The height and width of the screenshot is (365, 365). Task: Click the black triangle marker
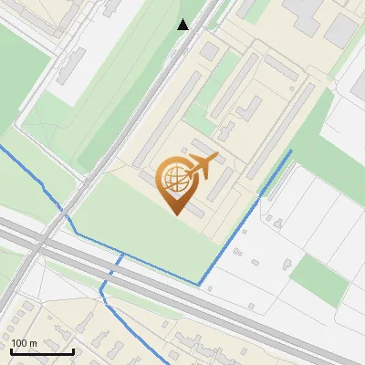coord(183,25)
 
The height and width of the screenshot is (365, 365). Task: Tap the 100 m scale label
coord(24,342)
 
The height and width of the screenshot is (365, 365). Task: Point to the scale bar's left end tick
coord(11,350)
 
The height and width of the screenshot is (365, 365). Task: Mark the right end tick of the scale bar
coord(73,350)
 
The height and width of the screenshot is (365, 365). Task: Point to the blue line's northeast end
coord(291,151)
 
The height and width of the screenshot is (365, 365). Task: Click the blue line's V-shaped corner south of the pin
coord(199,284)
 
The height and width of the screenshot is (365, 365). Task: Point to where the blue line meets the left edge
coord(2,145)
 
